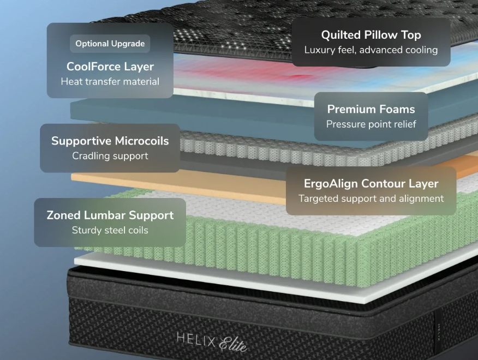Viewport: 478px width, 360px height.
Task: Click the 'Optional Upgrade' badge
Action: [x=110, y=44]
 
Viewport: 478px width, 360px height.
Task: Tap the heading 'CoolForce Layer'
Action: [x=110, y=67]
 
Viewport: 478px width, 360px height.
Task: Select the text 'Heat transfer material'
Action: [x=110, y=81]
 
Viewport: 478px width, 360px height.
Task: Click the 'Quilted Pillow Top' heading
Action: [x=371, y=35]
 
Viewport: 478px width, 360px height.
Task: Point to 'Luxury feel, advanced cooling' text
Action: [x=371, y=50]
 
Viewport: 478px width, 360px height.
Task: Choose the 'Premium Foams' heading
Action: [x=371, y=109]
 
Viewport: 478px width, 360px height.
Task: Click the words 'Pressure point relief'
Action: [x=371, y=124]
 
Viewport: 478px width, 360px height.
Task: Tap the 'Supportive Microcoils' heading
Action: [x=110, y=141]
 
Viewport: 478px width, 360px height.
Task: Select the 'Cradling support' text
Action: [x=110, y=156]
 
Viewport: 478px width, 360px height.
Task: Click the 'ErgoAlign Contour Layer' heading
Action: [x=371, y=183]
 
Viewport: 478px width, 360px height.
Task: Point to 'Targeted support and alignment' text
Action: [x=371, y=199]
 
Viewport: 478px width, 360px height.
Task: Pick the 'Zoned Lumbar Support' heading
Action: [x=110, y=215]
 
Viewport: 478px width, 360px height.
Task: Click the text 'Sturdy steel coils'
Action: [x=110, y=230]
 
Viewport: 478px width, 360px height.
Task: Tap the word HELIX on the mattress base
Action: [x=196, y=340]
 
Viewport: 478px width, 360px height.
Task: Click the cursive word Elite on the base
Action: [x=233, y=344]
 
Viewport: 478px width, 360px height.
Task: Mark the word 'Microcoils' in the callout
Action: [x=142, y=141]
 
